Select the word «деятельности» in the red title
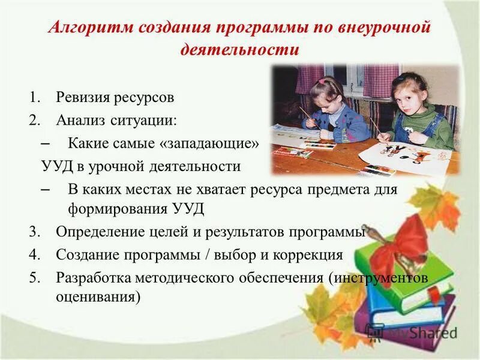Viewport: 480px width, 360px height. tap(239, 49)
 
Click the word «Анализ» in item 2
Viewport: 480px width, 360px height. tap(80, 120)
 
